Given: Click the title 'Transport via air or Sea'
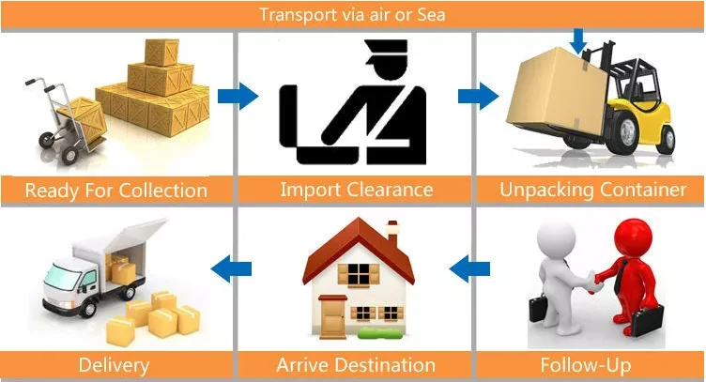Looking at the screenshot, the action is click(x=353, y=14).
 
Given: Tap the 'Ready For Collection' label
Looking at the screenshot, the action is click(x=115, y=191).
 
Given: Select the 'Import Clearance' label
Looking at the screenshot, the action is click(x=357, y=190).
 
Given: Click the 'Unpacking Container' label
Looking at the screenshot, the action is click(x=592, y=190).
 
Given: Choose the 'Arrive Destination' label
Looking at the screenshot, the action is click(x=356, y=364).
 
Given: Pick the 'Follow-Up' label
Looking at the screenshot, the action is click(x=585, y=364).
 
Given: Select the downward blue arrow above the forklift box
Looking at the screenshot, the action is click(x=577, y=40).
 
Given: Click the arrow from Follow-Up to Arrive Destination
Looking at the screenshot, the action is click(x=469, y=270).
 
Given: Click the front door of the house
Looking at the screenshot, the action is click(x=333, y=314).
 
